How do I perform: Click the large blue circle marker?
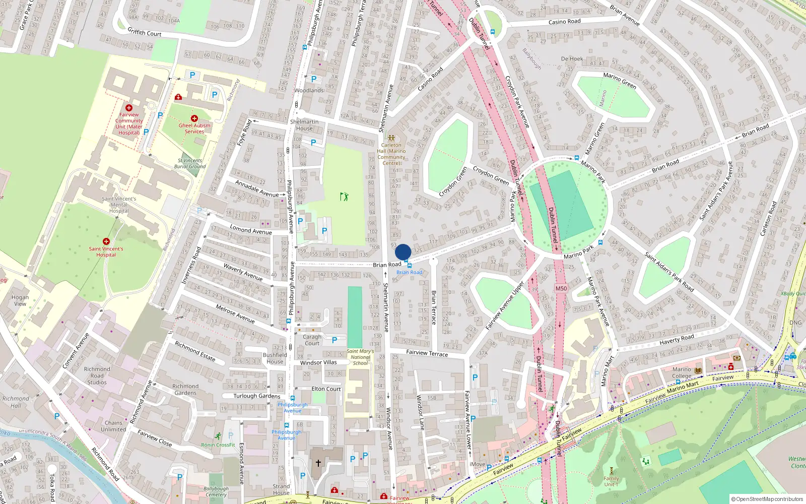[x=403, y=252]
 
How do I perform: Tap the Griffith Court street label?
[x=145, y=32]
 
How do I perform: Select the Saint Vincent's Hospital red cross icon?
[x=106, y=241]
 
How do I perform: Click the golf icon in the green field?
[x=344, y=196]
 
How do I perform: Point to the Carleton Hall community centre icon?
[x=391, y=138]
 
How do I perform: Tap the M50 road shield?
[x=561, y=289]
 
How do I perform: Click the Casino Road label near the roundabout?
[x=564, y=22]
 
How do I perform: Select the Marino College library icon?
[x=698, y=371]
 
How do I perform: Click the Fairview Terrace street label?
[x=427, y=353]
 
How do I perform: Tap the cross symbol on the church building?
[x=318, y=463]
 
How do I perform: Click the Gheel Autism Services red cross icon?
[x=194, y=118]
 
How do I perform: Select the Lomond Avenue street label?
[x=251, y=230]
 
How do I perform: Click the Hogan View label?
[x=20, y=300]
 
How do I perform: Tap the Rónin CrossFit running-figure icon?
[x=218, y=436]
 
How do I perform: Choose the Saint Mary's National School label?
[x=360, y=357]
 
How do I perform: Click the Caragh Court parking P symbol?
[x=334, y=340]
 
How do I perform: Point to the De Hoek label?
[x=572, y=59]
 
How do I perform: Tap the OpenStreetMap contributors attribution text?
[x=767, y=499]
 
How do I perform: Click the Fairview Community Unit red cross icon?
[x=129, y=108]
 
